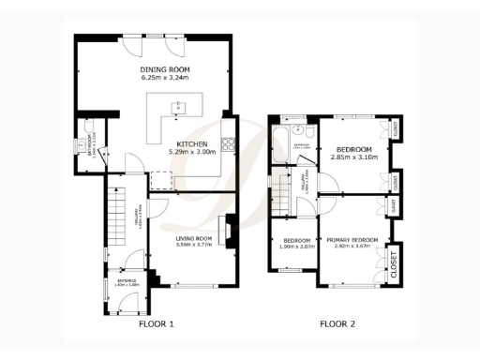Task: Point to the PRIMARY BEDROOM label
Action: click(352, 241)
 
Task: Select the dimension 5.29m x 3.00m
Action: click(192, 152)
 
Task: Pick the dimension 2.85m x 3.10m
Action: click(354, 157)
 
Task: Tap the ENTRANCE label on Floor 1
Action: click(127, 280)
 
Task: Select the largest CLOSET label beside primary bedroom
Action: click(393, 262)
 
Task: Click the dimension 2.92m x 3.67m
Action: click(352, 248)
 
